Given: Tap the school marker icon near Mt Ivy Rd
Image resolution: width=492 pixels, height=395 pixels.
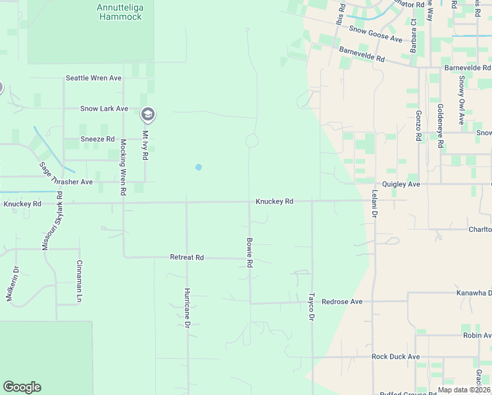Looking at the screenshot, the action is point(148,115).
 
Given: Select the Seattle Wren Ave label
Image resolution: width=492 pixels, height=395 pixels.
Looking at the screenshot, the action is point(93,78).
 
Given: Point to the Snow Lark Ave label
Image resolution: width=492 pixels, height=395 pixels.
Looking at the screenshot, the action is point(104,109).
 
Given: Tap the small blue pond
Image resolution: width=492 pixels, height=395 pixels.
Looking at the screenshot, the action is point(199,167).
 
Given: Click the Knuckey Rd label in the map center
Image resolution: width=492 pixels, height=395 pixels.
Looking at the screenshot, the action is point(274,201).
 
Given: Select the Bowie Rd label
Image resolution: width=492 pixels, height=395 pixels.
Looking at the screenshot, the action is point(250,253).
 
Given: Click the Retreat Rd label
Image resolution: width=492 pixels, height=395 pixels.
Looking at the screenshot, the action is point(187,257).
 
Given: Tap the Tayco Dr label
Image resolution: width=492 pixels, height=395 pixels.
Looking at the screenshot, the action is point(312,307).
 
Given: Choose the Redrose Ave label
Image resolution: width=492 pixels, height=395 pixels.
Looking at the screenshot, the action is point(342,302).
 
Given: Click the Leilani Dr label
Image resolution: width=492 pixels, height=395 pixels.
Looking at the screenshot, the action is point(374,205).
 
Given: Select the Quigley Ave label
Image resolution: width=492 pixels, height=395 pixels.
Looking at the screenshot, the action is point(401,184).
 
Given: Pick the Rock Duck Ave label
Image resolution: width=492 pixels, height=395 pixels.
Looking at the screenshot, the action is point(395,357).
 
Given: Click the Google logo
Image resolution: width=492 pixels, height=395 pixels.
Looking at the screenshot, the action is point(22,387).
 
